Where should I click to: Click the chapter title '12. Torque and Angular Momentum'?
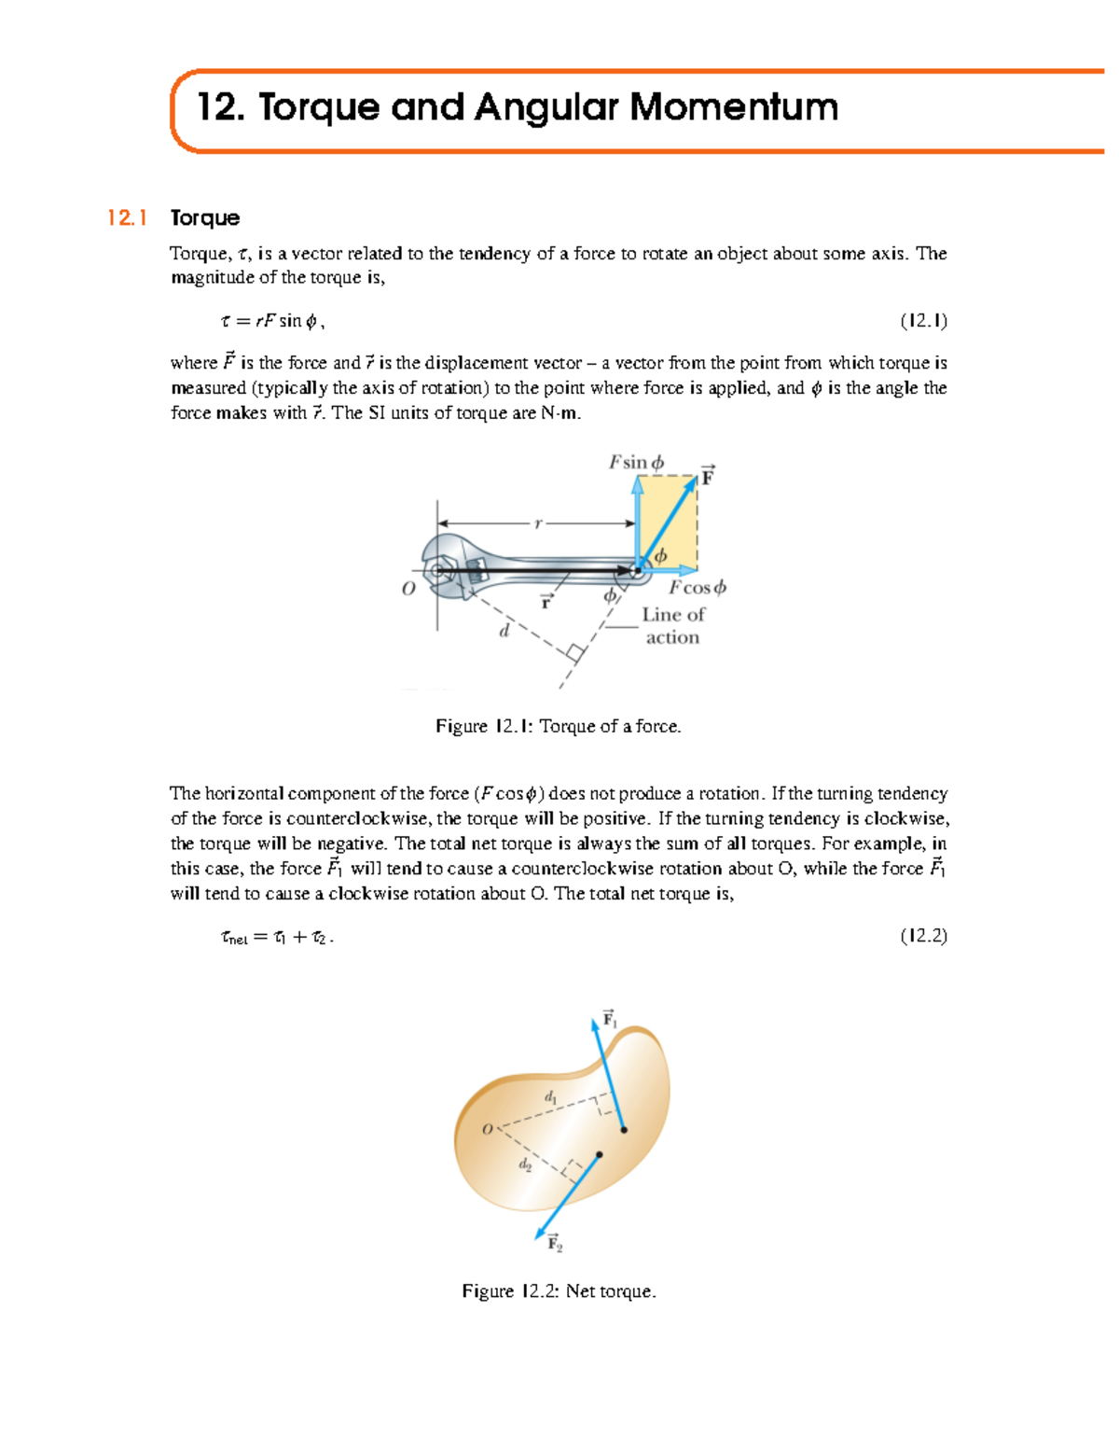click(518, 107)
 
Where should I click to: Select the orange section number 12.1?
click(127, 218)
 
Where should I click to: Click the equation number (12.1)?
click(923, 321)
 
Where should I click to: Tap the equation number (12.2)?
click(923, 936)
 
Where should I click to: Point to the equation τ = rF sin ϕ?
click(272, 321)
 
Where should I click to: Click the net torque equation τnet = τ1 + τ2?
click(276, 937)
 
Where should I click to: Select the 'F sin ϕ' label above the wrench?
click(636, 462)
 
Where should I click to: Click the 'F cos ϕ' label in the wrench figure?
click(697, 588)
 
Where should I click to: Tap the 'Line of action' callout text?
click(672, 626)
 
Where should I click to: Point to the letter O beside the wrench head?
click(408, 589)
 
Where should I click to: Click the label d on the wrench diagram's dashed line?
click(504, 632)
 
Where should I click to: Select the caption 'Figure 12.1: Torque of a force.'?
click(559, 726)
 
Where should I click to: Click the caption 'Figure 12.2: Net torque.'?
click(559, 1291)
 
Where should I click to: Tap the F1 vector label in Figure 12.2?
click(610, 1019)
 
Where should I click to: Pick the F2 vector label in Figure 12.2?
click(555, 1244)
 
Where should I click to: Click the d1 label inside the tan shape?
click(551, 1097)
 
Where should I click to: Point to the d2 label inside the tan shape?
click(525, 1164)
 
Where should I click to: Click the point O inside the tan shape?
click(488, 1129)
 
